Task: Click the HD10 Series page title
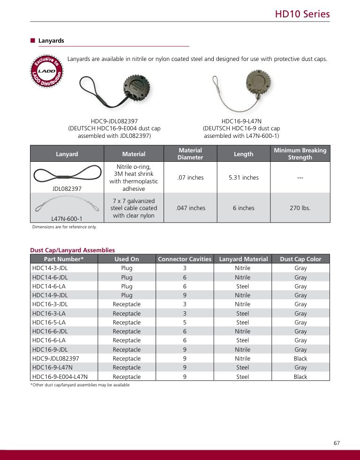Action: pyautogui.click(x=302, y=14)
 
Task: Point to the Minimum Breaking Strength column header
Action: pyautogui.click(x=300, y=154)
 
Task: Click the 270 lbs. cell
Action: pyautogui.click(x=300, y=208)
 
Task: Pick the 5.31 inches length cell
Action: pyautogui.click(x=243, y=177)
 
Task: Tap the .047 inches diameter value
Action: pyautogui.click(x=190, y=208)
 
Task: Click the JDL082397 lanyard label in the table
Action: pyautogui.click(x=67, y=189)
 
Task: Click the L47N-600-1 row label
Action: pyautogui.click(x=67, y=218)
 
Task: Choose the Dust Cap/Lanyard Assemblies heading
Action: pyautogui.click(x=72, y=250)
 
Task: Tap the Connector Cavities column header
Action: pyautogui.click(x=185, y=259)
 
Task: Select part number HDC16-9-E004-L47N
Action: pyautogui.click(x=60, y=377)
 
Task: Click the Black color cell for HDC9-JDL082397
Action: pyautogui.click(x=300, y=358)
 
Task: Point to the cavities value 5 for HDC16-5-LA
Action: pyautogui.click(x=185, y=322)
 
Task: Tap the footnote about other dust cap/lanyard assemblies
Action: pyautogui.click(x=80, y=385)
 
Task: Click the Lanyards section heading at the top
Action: pyautogui.click(x=51, y=41)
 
